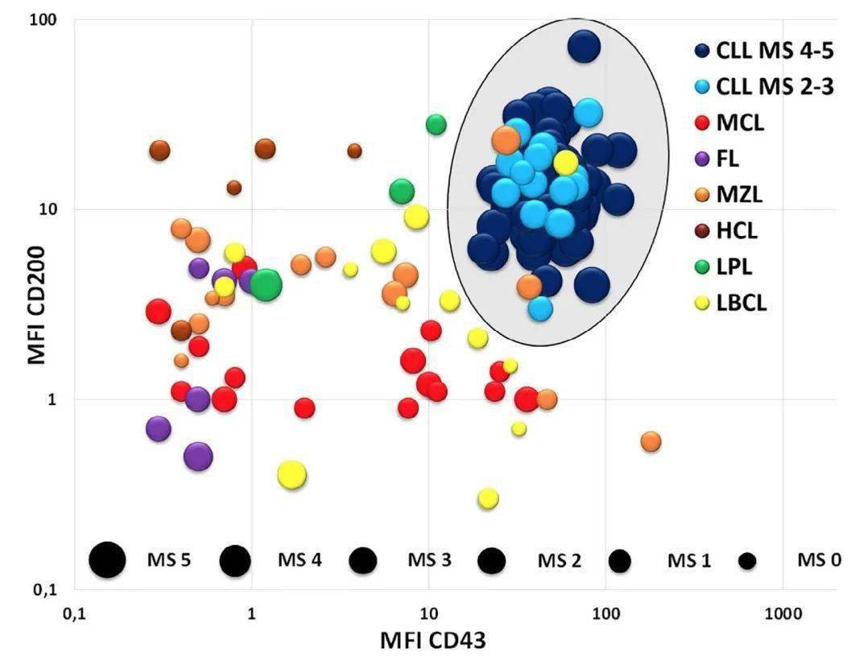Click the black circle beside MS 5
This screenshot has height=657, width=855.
pos(107,559)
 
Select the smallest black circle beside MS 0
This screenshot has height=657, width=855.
pos(748,560)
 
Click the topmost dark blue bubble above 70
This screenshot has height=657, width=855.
pos(584,47)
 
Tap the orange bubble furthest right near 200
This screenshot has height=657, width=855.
pos(651,441)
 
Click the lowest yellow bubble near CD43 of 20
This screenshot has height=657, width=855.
pos(487,499)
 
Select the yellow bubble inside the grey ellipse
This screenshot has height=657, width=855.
pos(566,162)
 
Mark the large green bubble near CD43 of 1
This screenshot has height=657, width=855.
pos(266,284)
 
